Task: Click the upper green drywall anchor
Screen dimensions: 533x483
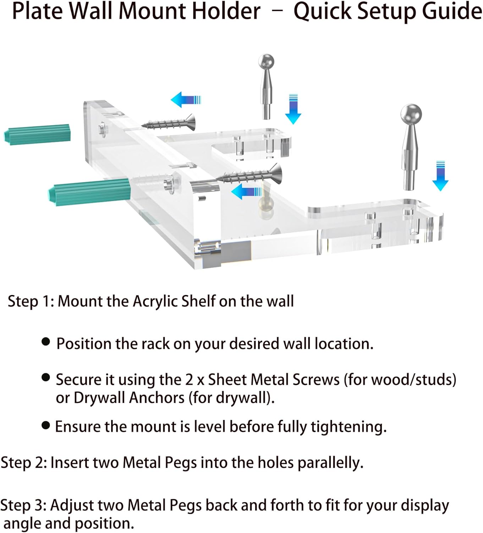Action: click(37, 134)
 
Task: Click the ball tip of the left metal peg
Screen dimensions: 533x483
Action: click(266, 61)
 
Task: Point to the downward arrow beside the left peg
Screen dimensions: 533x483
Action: click(293, 109)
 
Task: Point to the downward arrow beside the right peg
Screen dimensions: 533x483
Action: click(440, 176)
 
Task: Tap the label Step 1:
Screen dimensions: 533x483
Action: click(31, 301)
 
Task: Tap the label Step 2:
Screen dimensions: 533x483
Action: click(24, 463)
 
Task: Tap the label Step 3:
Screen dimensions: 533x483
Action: click(23, 505)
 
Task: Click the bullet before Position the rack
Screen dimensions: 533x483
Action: click(46, 342)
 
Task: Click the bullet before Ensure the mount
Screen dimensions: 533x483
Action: click(46, 425)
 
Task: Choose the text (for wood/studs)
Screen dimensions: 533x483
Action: click(400, 380)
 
